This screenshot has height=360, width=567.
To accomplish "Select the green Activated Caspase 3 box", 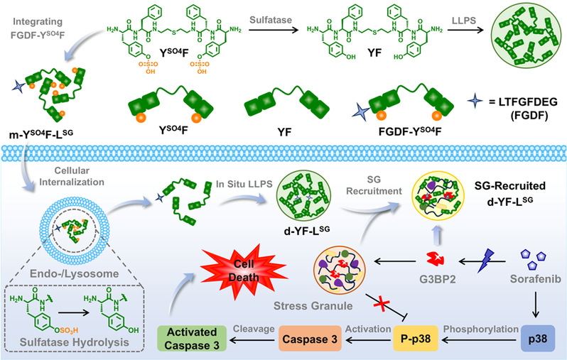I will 200,337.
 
